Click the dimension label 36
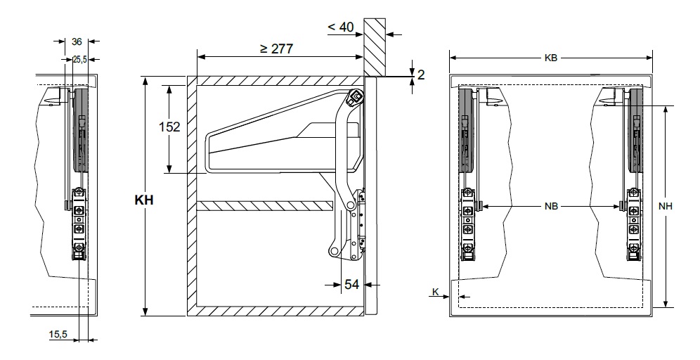point(77,41)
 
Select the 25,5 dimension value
point(80,59)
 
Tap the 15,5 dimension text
point(58,334)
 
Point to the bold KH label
point(144,200)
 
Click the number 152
point(169,127)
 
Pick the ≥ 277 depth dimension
point(277,49)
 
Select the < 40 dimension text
point(341,27)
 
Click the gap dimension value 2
point(421,75)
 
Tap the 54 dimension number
point(352,284)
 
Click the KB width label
point(551,58)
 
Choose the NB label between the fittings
point(551,206)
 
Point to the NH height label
point(666,206)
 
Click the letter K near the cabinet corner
point(436,292)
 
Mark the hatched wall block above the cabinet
point(375,47)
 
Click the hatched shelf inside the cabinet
point(265,206)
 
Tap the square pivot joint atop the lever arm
point(356,96)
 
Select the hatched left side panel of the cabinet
point(192,196)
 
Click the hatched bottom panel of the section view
point(276,311)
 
